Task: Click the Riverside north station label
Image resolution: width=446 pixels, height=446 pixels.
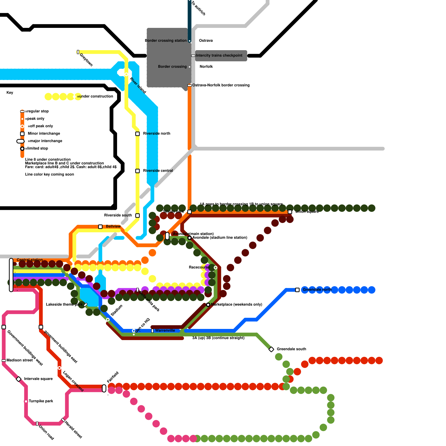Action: [157, 134]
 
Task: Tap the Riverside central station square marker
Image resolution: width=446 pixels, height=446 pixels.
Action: [137, 171]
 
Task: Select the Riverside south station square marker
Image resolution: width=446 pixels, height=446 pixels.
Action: [137, 215]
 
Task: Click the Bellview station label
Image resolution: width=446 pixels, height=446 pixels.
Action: [113, 226]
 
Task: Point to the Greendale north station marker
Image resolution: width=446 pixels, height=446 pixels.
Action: [297, 290]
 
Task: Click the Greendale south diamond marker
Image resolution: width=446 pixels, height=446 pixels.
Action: [271, 349]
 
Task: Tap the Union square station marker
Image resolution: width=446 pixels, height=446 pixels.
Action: [290, 212]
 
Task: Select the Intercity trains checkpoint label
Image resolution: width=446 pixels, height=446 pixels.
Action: [219, 55]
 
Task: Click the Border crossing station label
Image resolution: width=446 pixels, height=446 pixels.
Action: [166, 41]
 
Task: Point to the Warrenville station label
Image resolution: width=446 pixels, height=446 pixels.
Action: [165, 331]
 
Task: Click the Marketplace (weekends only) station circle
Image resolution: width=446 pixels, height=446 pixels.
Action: [208, 305]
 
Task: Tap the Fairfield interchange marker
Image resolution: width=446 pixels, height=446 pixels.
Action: [104, 388]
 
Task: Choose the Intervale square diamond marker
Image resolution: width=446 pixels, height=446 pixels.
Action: [19, 379]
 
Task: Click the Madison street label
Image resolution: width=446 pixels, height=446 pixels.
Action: [20, 360]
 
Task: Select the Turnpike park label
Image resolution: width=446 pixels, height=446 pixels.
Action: [41, 401]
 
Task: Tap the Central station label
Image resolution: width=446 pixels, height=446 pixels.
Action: [30, 260]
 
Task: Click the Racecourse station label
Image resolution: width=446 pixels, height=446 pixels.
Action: [199, 267]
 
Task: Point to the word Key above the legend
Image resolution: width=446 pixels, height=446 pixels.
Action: [10, 93]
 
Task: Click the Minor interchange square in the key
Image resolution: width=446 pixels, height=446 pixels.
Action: [22, 134]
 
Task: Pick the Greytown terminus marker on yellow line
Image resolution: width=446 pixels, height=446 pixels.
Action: [78, 52]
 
